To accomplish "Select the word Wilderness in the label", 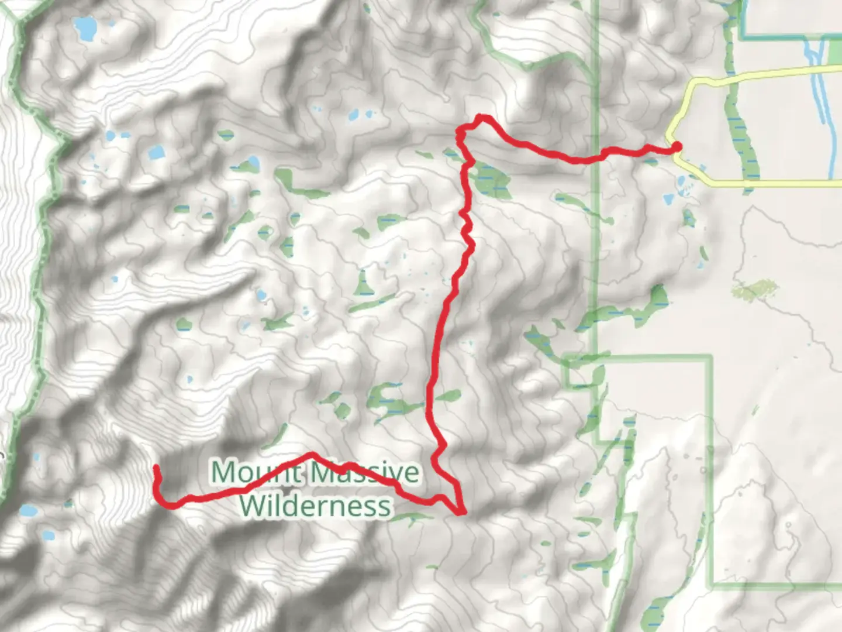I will point(315,506).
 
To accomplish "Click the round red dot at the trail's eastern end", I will point(677,146).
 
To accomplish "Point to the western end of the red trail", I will point(156,468).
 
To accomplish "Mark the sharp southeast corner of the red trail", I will point(463,513).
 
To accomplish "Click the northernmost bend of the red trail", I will point(481,117).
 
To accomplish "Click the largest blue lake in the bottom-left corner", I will point(27,511).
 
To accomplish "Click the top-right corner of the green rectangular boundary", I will point(712,356).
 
